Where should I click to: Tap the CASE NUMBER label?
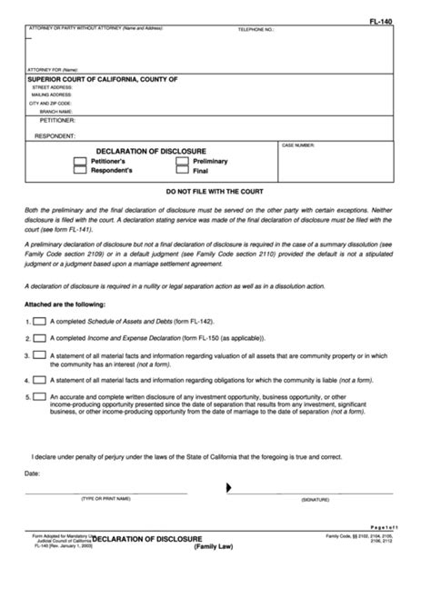point(298,145)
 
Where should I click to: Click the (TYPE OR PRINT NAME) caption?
point(106,500)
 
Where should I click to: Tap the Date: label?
point(33,473)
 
